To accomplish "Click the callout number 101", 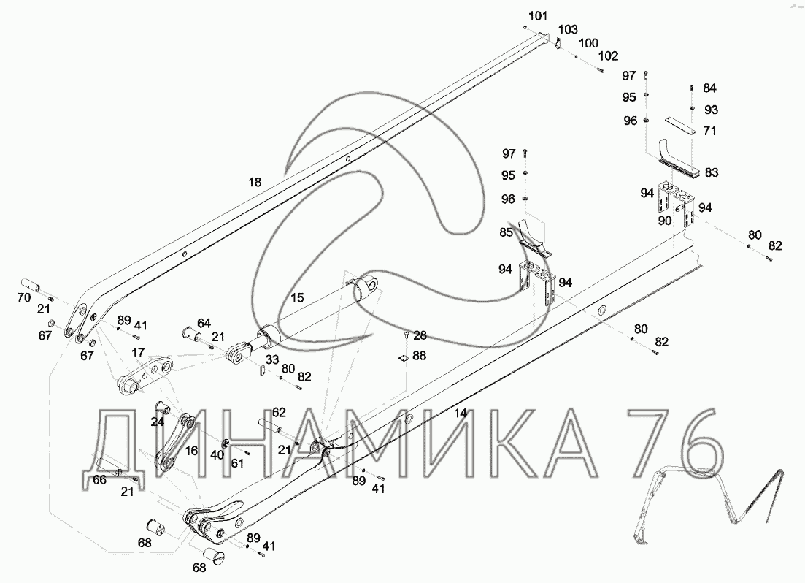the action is click(x=538, y=16).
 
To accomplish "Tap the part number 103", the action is click(x=568, y=30).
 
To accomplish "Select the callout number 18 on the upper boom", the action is click(x=255, y=182).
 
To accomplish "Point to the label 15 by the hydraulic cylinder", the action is click(x=297, y=297).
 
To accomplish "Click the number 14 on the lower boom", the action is click(x=461, y=413).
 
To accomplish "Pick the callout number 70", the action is click(x=24, y=297).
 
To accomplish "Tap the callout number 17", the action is click(x=138, y=353).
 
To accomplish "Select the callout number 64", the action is click(x=204, y=324).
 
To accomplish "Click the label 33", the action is click(x=272, y=359).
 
